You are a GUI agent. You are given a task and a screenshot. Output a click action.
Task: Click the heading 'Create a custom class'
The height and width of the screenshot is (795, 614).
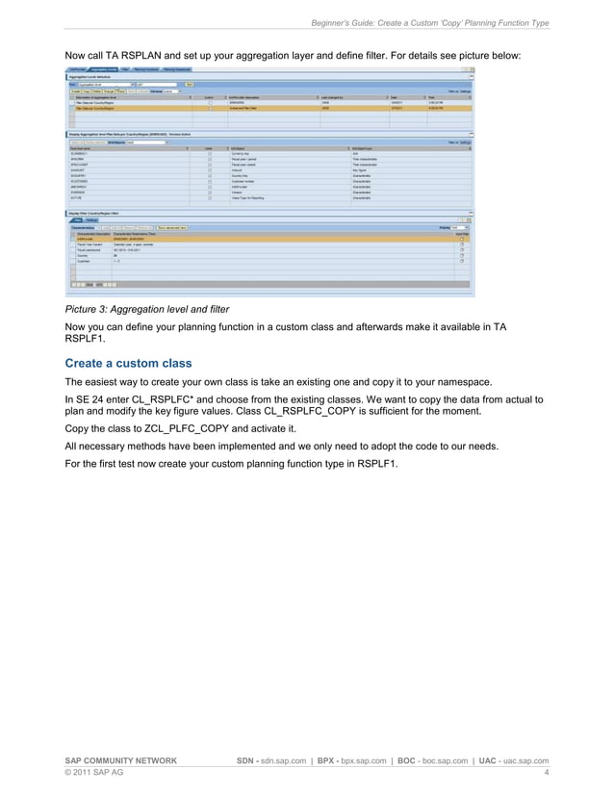pyautogui.click(x=128, y=363)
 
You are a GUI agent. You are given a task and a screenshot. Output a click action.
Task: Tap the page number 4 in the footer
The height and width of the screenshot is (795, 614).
pyautogui.click(x=546, y=772)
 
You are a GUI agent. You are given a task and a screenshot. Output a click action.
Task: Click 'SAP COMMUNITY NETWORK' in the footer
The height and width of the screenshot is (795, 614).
pyautogui.click(x=120, y=760)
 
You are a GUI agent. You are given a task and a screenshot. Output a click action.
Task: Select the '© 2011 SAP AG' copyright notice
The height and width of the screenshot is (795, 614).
pyautogui.click(x=93, y=772)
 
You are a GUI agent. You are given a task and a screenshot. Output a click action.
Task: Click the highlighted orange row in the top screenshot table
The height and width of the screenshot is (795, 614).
pyautogui.click(x=269, y=110)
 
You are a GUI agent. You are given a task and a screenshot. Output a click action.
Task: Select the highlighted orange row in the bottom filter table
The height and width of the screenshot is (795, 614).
pyautogui.click(x=269, y=238)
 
